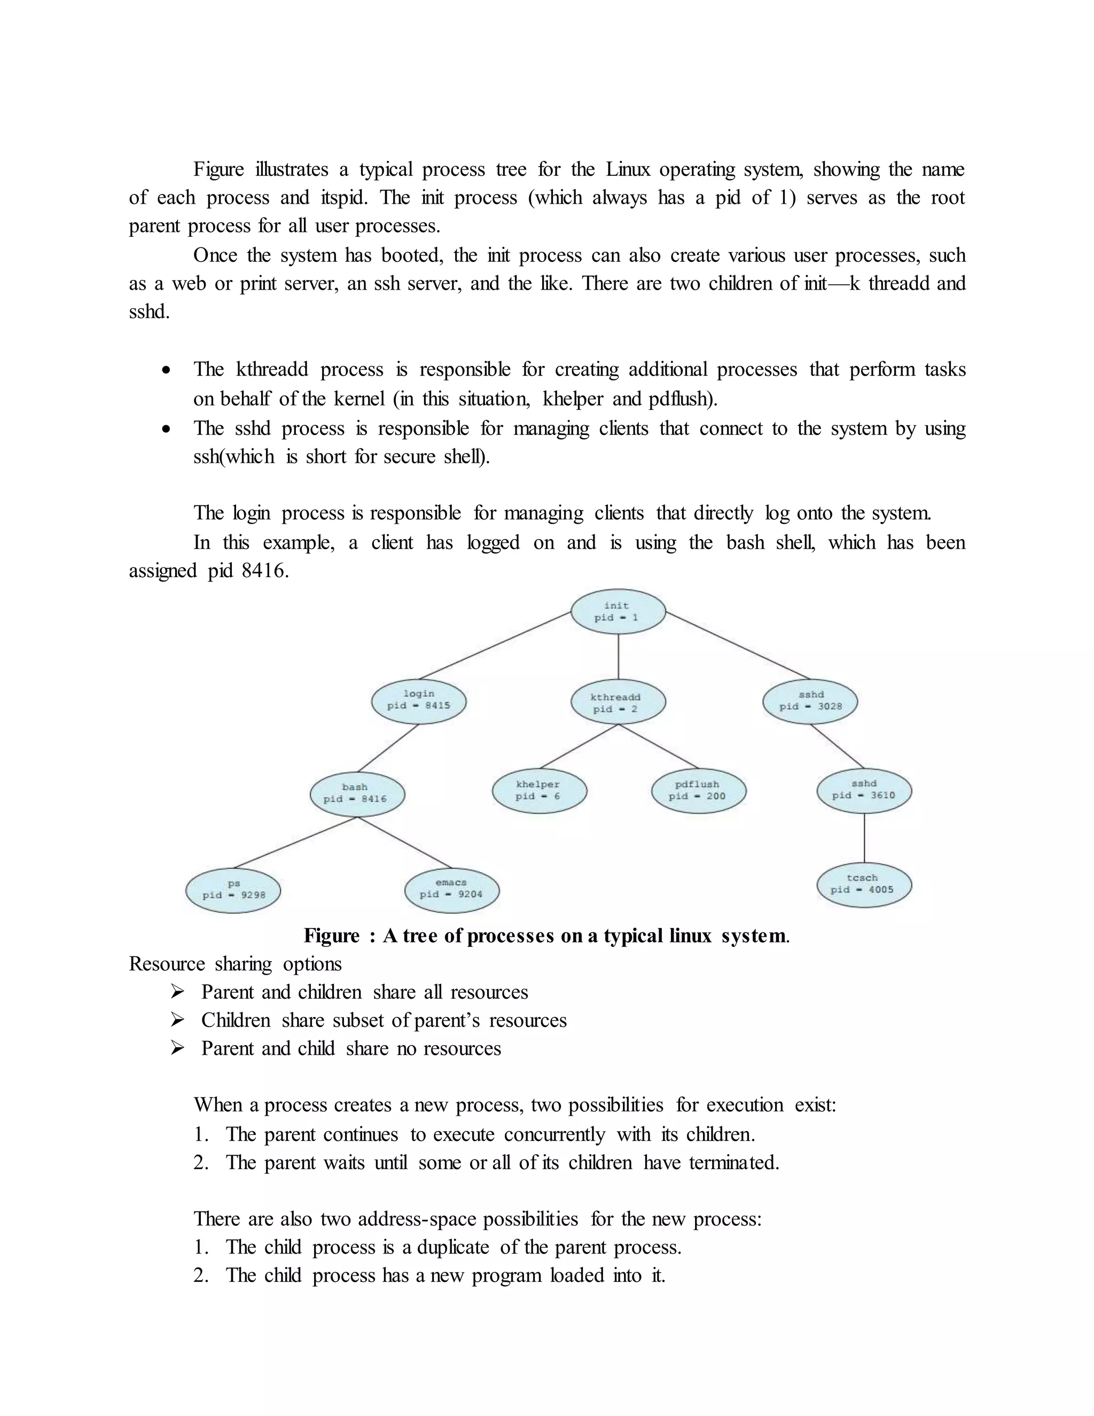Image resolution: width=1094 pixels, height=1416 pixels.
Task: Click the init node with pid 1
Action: tap(618, 611)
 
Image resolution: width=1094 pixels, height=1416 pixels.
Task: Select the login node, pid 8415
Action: tap(419, 700)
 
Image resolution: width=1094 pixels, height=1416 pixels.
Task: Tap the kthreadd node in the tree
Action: tap(618, 703)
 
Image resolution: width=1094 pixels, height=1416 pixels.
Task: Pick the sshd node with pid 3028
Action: tap(810, 701)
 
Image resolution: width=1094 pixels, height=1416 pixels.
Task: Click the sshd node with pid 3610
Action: tap(864, 790)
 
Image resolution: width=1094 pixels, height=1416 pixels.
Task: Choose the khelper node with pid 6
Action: tap(539, 790)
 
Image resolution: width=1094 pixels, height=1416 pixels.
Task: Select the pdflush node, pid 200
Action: tap(698, 790)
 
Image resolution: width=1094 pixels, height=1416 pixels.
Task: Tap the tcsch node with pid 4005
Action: tap(864, 884)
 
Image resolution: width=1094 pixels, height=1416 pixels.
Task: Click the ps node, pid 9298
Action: tap(233, 890)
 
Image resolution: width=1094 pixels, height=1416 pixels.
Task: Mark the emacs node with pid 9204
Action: tap(452, 889)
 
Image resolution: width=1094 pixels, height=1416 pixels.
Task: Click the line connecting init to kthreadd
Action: tap(618, 656)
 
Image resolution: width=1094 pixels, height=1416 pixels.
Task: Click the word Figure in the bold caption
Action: tap(331, 936)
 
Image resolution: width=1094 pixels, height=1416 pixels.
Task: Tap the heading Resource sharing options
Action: tap(235, 964)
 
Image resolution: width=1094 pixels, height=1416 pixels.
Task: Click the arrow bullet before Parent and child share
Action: tap(177, 1048)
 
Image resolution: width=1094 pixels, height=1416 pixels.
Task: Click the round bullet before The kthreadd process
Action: tap(167, 370)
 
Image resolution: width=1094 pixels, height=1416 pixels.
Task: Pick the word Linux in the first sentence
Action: tap(627, 170)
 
